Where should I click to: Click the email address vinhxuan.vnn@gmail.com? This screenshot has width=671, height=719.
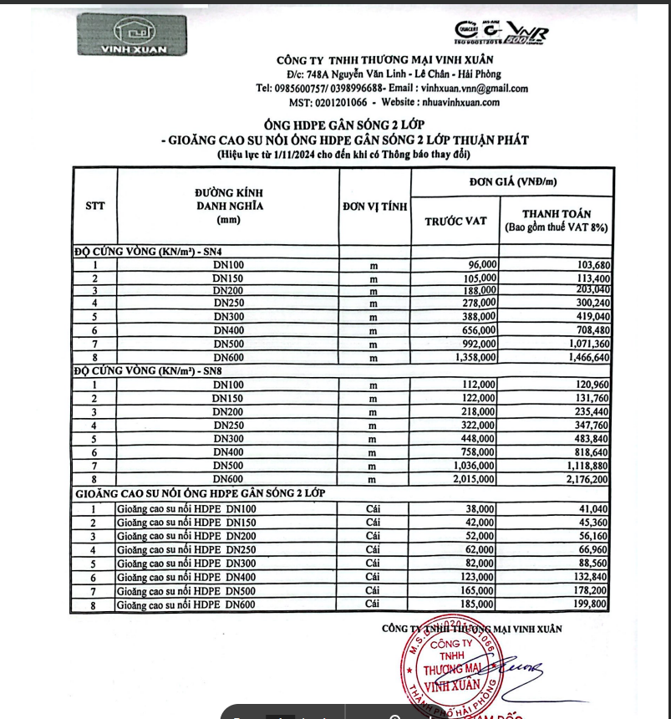tap(475, 89)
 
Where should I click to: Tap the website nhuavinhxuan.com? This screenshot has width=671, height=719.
tap(452, 102)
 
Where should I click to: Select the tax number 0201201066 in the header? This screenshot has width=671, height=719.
tap(340, 102)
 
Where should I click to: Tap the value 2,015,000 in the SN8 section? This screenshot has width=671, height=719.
tap(472, 478)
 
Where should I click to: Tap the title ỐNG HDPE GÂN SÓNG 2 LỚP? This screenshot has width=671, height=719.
tap(343, 125)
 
